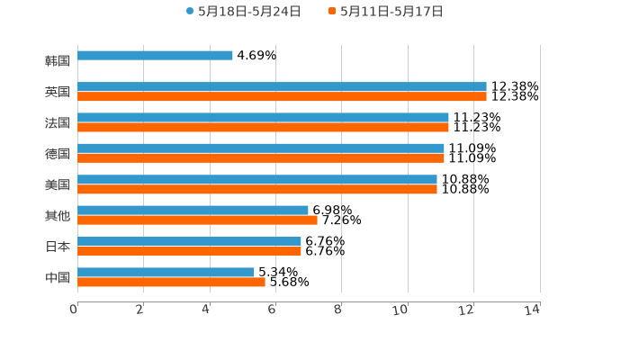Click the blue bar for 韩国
coord(155,56)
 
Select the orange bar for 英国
coord(282,96)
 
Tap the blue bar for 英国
coord(282,86)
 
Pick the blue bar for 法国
coord(263,117)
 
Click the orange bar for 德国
coord(261,158)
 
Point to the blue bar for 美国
coord(257,179)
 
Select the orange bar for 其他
coord(197,220)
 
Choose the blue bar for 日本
coord(189,241)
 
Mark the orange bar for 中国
coord(171,282)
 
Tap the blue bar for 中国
coord(166,272)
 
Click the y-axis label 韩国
coord(58,61)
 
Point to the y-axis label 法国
coord(58,122)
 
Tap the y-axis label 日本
coord(58,247)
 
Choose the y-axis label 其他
coord(58,216)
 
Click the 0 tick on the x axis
coord(75,310)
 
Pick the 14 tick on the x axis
coord(533,310)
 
